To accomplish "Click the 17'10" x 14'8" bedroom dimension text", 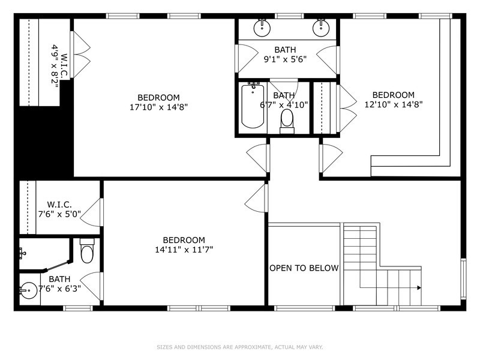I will (158, 107).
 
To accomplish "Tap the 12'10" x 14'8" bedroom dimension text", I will (393, 104).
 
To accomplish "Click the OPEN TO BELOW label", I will (304, 268).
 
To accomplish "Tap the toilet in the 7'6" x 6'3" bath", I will (88, 252).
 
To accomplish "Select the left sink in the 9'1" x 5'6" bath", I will (262, 27).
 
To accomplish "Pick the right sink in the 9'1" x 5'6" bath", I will (321, 27).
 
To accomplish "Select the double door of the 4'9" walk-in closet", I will (80, 50).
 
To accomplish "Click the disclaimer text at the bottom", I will (240, 347).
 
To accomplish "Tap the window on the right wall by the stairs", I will (463, 277).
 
